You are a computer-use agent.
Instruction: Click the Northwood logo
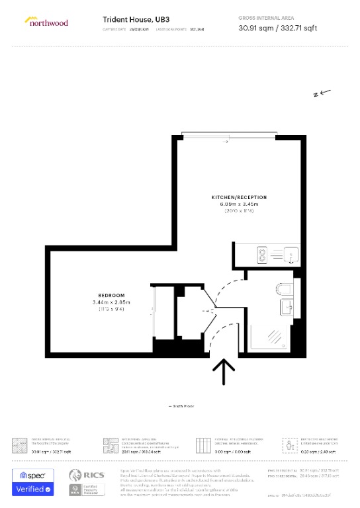pyautogui.click(x=46, y=22)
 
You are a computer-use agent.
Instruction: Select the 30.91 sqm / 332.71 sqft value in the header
pyautogui.click(x=279, y=28)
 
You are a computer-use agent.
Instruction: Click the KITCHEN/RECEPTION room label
pyautogui.click(x=239, y=197)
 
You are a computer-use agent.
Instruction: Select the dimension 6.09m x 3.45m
pyautogui.click(x=239, y=204)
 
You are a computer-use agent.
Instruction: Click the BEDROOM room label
pyautogui.click(x=111, y=295)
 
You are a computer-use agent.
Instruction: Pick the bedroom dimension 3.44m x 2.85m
pyautogui.click(x=111, y=302)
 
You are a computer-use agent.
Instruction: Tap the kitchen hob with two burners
pyautogui.click(x=261, y=253)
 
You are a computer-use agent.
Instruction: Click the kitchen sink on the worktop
pyautogui.click(x=289, y=253)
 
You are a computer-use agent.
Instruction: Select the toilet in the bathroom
pyautogui.click(x=283, y=288)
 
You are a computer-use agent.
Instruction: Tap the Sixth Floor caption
pyautogui.click(x=180, y=405)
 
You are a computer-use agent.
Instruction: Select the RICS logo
pyautogui.click(x=87, y=475)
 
